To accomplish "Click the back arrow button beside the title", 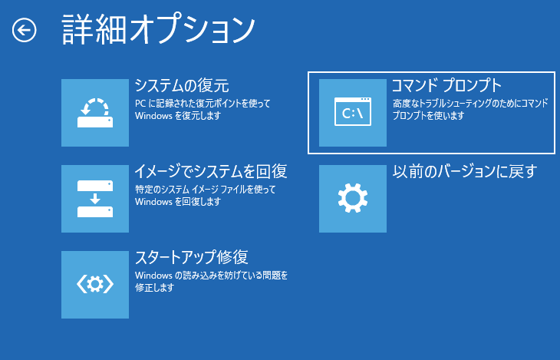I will pyautogui.click(x=25, y=30).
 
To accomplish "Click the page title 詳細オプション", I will pyautogui.click(x=157, y=30).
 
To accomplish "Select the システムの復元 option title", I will pyautogui.click(x=182, y=85).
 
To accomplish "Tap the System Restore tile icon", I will pyautogui.click(x=95, y=113).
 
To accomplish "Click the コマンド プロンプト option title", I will pyautogui.click(x=446, y=84).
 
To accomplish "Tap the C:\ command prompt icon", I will pyautogui.click(x=353, y=113).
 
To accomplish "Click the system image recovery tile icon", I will pyautogui.click(x=95, y=199).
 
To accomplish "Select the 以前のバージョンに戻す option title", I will pyautogui.click(x=464, y=171).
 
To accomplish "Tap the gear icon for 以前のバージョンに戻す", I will pyautogui.click(x=353, y=199).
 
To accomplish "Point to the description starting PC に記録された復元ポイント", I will pyautogui.click(x=203, y=103).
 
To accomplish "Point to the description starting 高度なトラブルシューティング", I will pyautogui.click(x=469, y=103).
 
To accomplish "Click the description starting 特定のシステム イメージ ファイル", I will pyautogui.click(x=205, y=189).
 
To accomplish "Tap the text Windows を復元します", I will pyautogui.click(x=177, y=116).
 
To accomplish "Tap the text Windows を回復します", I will pyautogui.click(x=177, y=202).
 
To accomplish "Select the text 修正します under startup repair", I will pyautogui.click(x=154, y=288).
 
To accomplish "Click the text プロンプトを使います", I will pyautogui.click(x=428, y=116).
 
